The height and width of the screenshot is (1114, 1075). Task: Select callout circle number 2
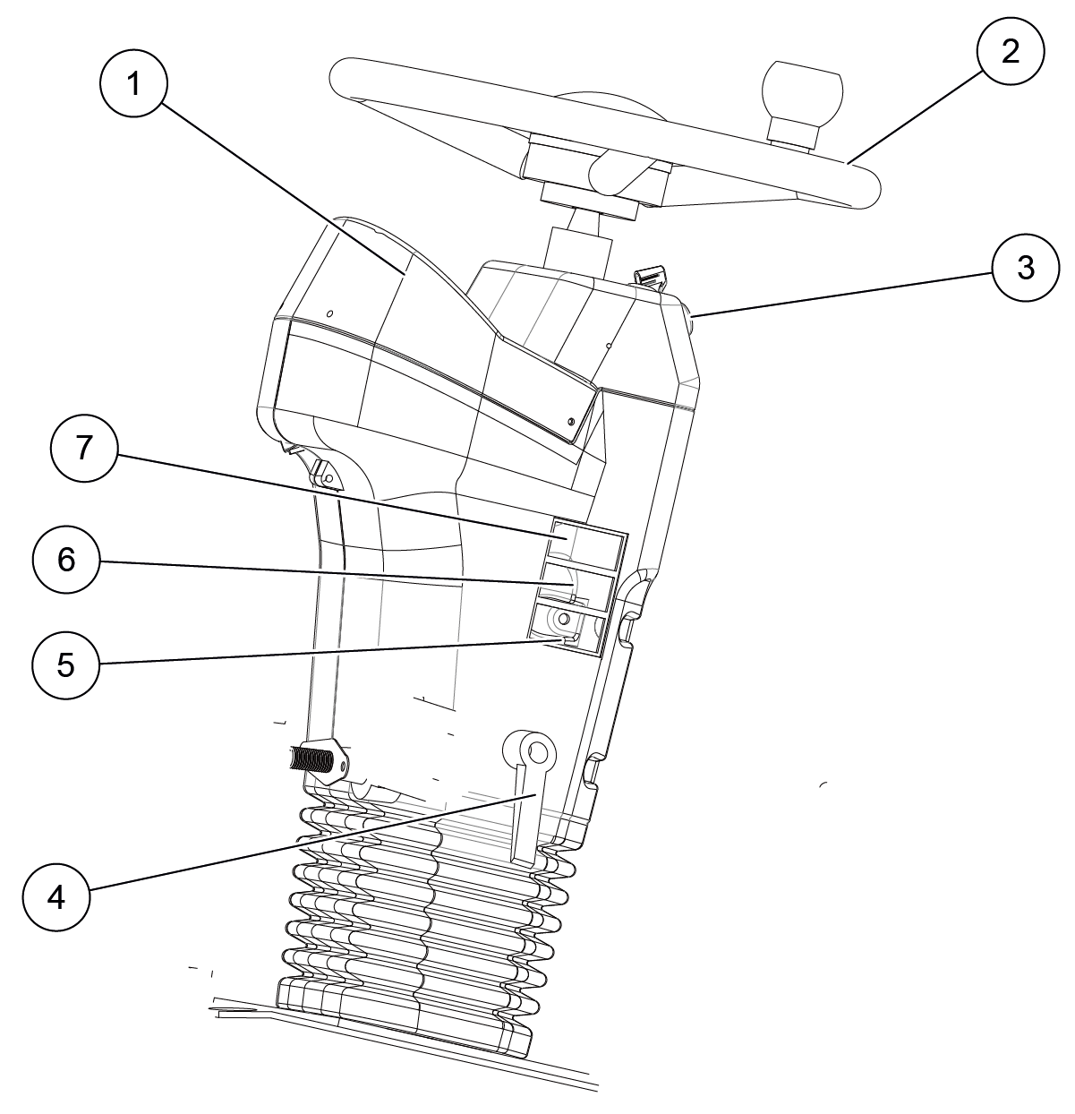coord(1010,51)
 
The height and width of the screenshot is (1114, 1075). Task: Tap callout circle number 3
coord(1026,268)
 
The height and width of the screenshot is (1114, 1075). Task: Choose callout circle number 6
coord(66,561)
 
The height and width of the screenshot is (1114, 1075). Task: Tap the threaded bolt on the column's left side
coord(310,760)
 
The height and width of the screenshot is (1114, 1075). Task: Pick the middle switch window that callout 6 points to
coord(576,587)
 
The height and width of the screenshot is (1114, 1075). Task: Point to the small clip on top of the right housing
coord(649,275)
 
